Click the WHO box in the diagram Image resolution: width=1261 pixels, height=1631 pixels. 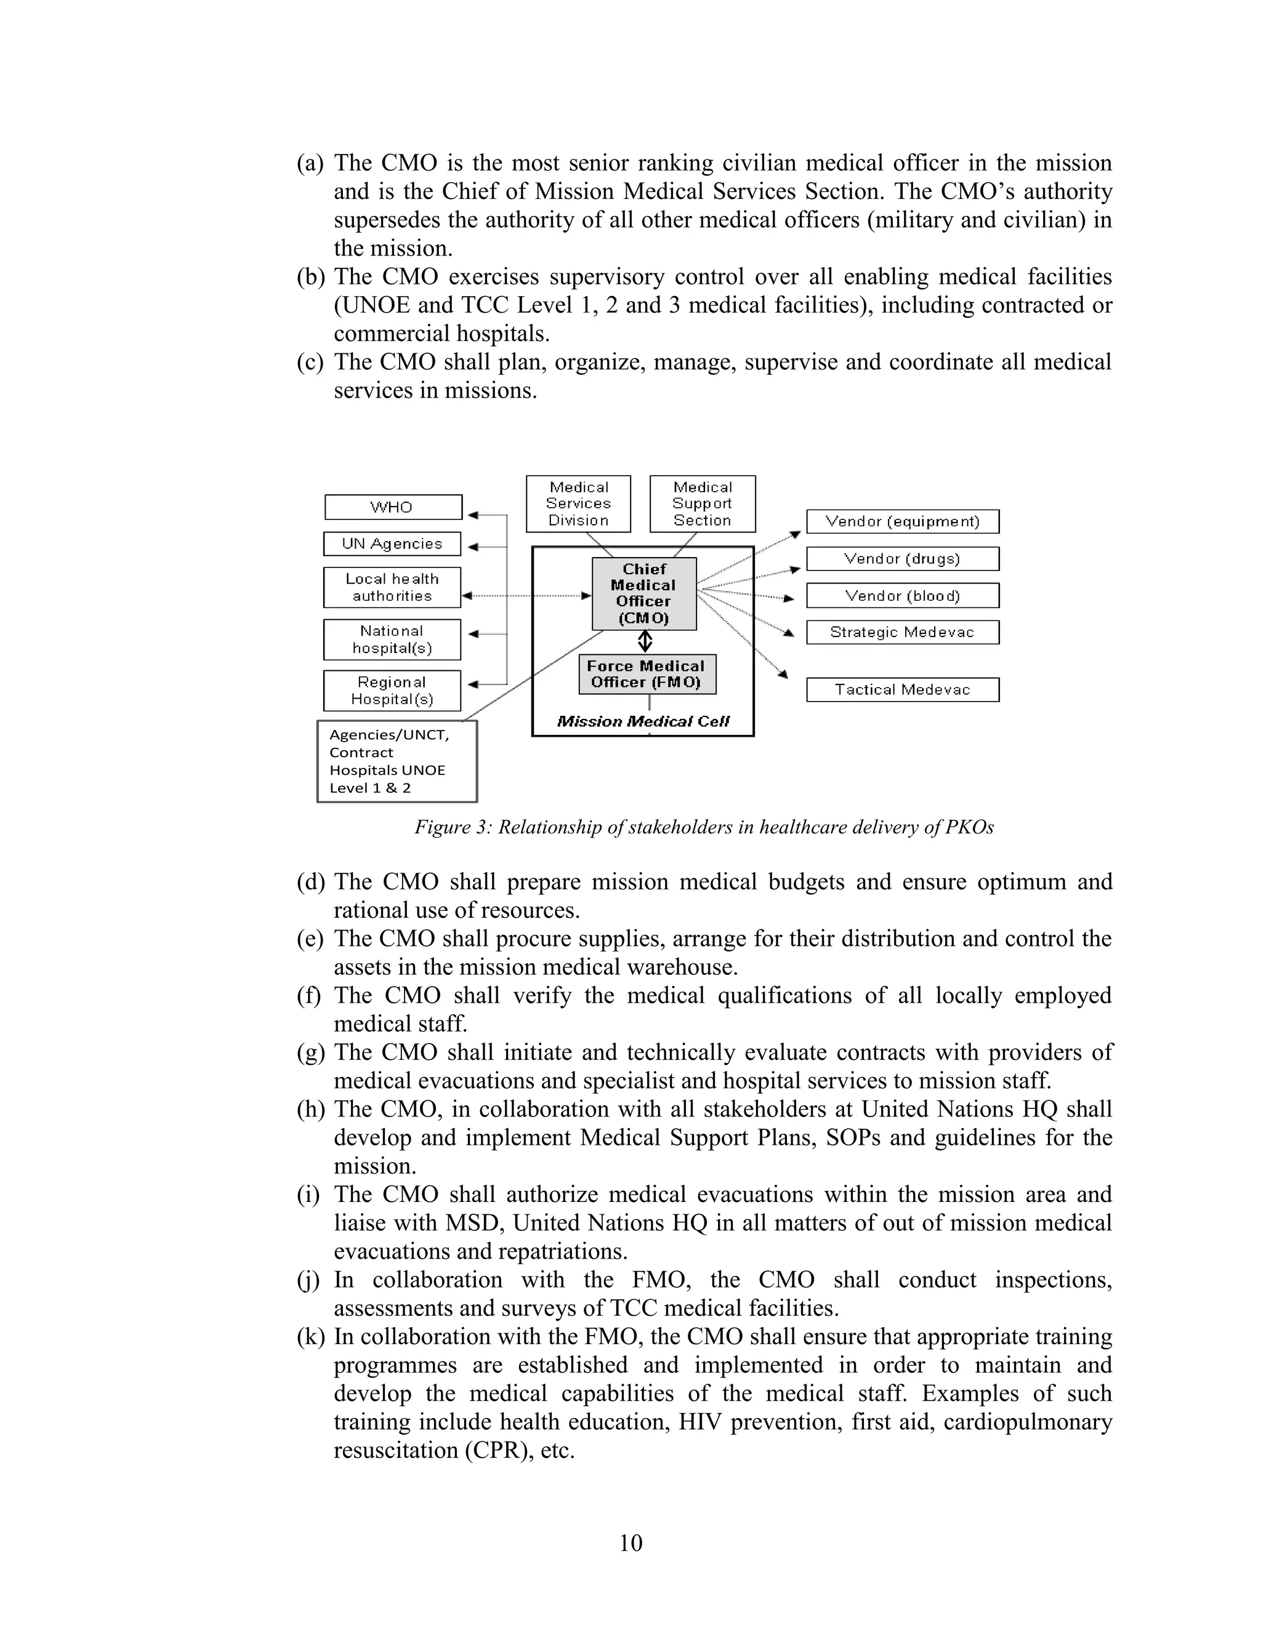[393, 507]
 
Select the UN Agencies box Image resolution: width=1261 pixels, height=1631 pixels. [392, 543]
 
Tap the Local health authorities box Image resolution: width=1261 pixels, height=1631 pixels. [392, 588]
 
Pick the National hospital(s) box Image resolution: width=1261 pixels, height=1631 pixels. [392, 639]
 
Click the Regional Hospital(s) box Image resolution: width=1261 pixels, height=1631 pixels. [392, 691]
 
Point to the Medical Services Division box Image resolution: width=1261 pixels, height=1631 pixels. [578, 503]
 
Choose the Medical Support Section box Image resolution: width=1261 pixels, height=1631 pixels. [702, 503]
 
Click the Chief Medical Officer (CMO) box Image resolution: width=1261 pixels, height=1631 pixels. [644, 594]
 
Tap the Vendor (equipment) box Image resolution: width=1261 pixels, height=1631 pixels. [903, 521]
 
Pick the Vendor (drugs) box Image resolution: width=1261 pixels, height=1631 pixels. [903, 559]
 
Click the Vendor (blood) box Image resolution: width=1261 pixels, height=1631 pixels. [903, 595]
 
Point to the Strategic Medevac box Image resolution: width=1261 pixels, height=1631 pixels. [903, 632]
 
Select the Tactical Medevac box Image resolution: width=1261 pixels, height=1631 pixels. [903, 689]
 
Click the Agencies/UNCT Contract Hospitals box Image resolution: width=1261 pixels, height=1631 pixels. [397, 761]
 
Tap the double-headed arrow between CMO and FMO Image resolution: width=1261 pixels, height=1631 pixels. [645, 641]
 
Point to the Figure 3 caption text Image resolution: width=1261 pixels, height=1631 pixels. [704, 827]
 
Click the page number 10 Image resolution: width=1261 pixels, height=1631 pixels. [630, 1543]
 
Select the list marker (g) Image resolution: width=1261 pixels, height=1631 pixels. [310, 1052]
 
